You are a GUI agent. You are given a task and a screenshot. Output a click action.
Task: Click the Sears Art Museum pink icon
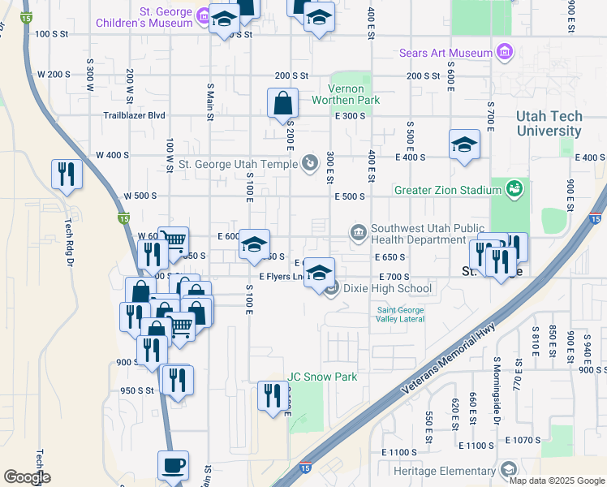[505, 54]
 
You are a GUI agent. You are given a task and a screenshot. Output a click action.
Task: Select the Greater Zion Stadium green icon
[513, 190]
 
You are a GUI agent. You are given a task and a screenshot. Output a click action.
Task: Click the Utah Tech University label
[549, 123]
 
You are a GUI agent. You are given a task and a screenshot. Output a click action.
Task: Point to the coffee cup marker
[173, 466]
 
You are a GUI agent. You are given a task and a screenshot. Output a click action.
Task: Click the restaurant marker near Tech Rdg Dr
[67, 175]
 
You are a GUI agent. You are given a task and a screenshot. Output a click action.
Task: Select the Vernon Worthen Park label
[354, 94]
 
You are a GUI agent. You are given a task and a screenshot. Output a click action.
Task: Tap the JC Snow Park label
[322, 377]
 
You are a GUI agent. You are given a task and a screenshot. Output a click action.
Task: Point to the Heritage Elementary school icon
[508, 470]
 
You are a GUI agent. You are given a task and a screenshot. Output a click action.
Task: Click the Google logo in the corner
[27, 476]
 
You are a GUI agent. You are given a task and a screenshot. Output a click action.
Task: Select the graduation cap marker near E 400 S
[463, 145]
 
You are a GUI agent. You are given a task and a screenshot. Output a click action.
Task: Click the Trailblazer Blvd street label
[134, 115]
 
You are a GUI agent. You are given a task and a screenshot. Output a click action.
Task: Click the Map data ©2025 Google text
[556, 481]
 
